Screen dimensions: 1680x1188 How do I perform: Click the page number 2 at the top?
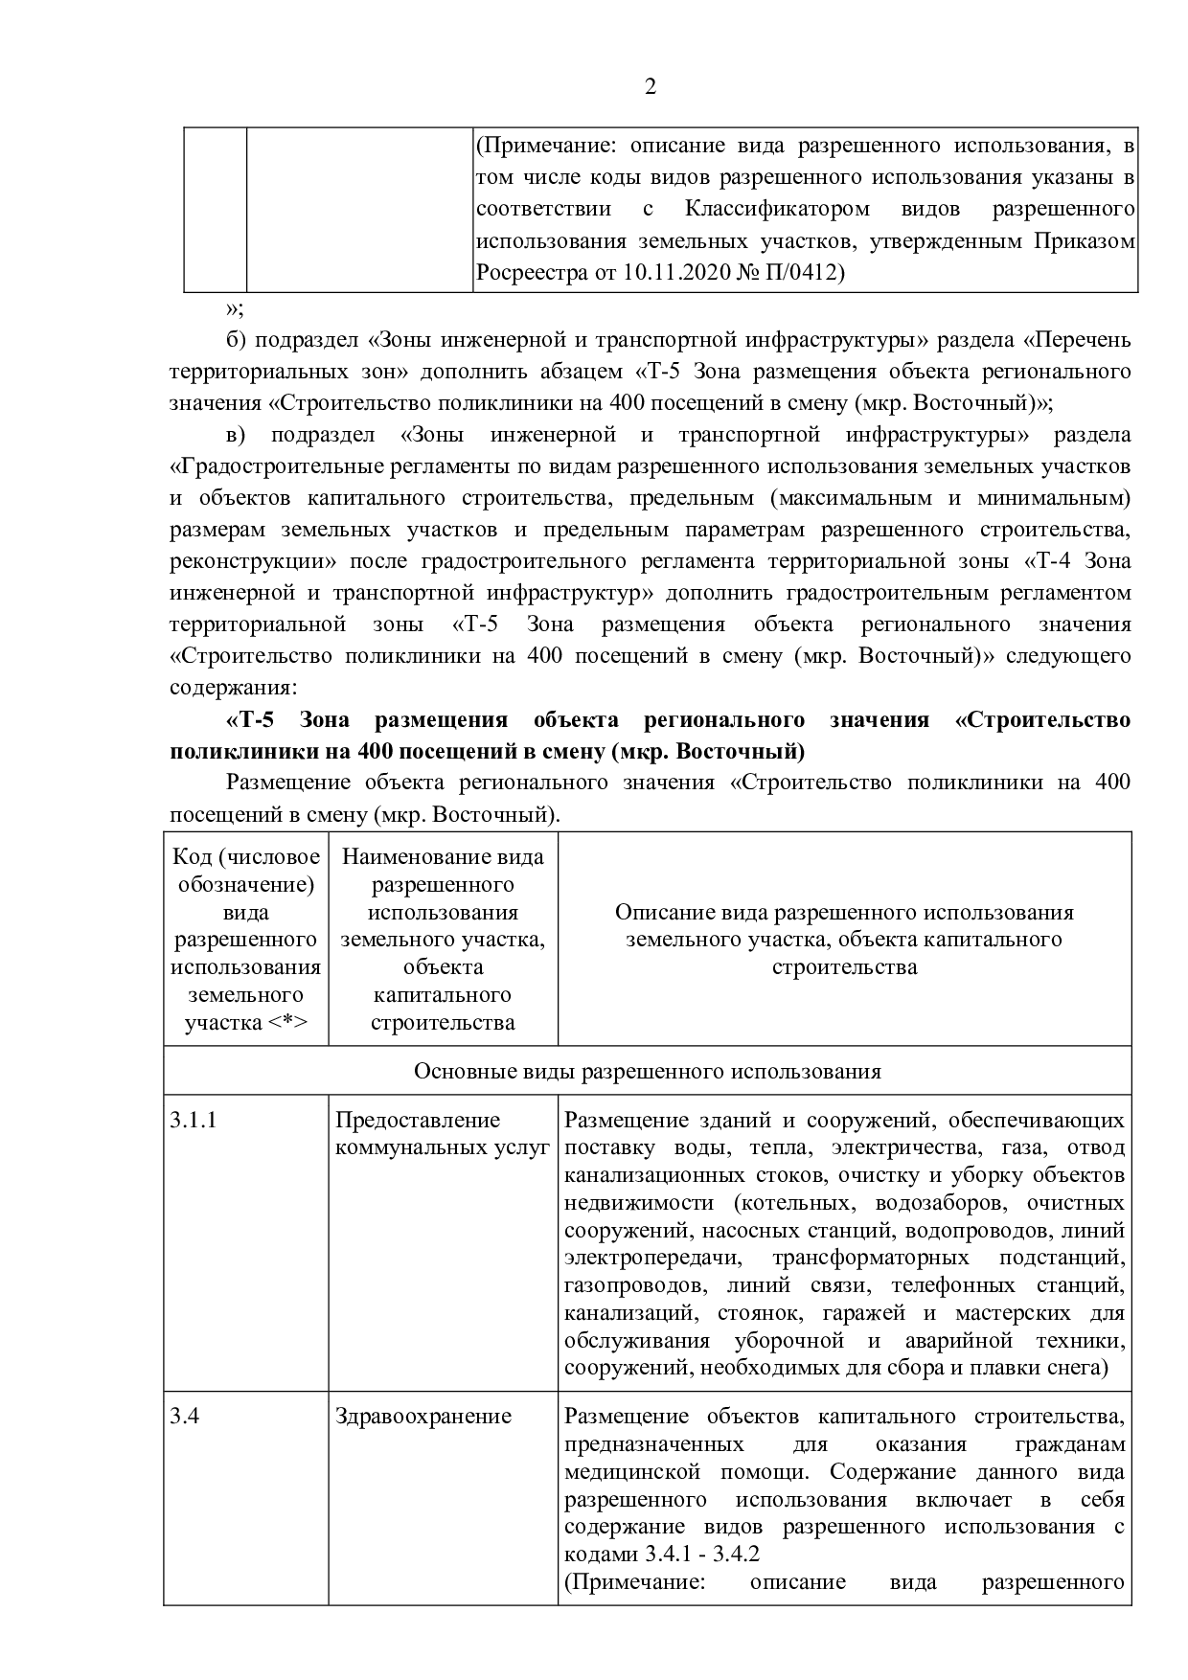click(x=651, y=88)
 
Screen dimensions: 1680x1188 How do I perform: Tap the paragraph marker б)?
click(x=237, y=340)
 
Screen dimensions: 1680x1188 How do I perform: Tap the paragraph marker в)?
click(x=236, y=435)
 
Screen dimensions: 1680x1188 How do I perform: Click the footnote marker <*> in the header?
click(x=287, y=1022)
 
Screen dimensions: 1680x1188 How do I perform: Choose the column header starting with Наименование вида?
click(x=443, y=939)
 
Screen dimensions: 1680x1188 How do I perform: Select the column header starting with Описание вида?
click(x=844, y=939)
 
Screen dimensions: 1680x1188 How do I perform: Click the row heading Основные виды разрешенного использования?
click(x=648, y=1071)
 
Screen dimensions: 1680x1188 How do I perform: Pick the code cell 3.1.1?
click(x=194, y=1120)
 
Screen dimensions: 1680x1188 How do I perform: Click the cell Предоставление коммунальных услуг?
click(x=443, y=1133)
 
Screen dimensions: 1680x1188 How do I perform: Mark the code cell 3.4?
click(x=185, y=1416)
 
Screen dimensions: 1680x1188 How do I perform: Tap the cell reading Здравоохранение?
click(x=423, y=1416)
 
